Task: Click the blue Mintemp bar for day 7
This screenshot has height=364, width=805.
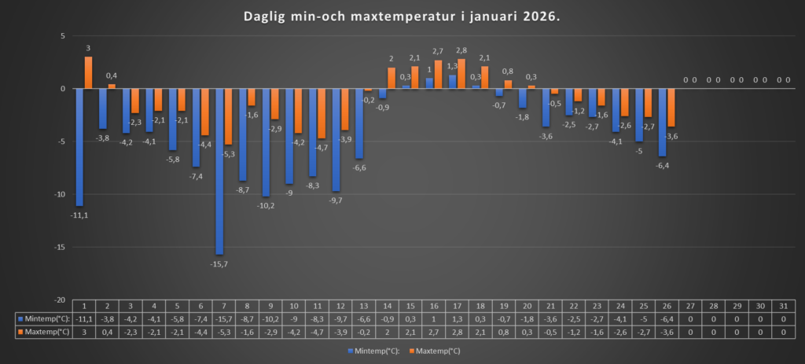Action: [x=219, y=171]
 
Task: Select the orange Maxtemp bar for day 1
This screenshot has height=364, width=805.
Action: [x=88, y=72]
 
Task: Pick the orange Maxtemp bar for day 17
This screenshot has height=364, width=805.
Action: [x=461, y=74]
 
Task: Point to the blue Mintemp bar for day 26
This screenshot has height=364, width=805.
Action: [x=662, y=123]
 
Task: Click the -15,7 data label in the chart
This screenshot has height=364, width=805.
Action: [x=219, y=263]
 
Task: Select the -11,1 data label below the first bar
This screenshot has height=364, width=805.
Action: [x=79, y=215]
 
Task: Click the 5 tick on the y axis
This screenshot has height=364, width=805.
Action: [x=61, y=36]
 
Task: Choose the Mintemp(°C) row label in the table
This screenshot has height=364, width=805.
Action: [x=43, y=319]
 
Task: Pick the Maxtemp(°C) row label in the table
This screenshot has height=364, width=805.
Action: [x=43, y=332]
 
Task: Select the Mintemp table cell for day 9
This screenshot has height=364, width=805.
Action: [x=270, y=319]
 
